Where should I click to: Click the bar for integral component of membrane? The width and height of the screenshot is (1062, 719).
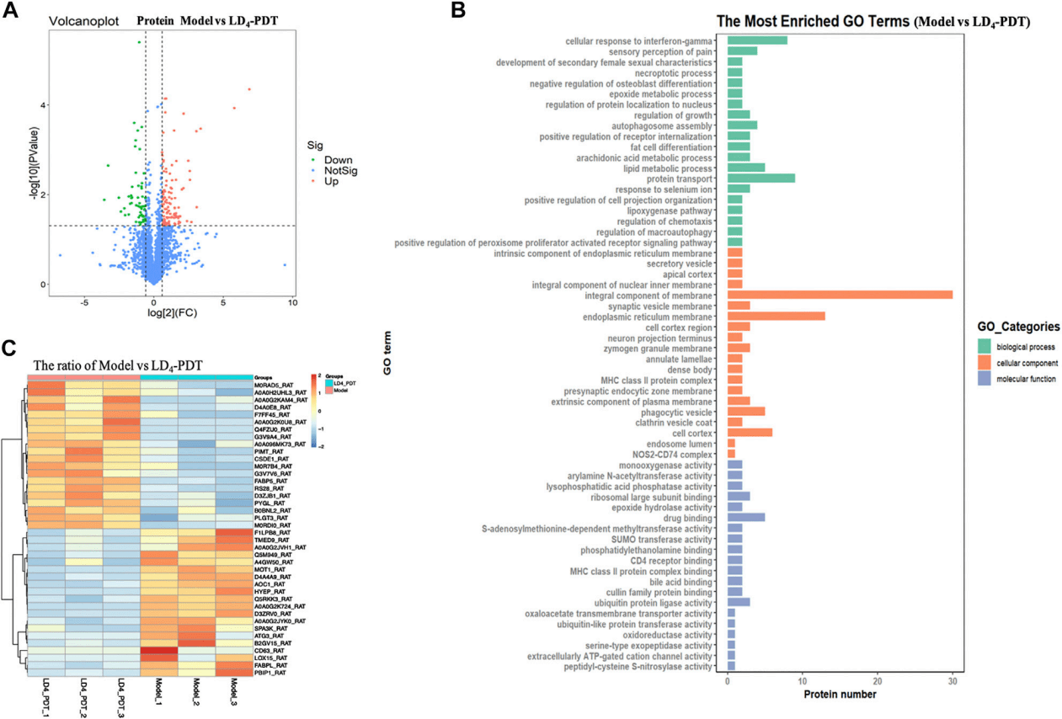point(839,294)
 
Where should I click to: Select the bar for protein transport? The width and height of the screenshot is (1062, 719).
point(760,178)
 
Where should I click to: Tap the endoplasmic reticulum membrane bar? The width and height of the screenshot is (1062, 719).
point(776,317)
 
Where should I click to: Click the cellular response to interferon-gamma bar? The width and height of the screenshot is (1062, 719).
point(757,40)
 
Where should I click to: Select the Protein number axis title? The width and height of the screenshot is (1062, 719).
point(840,695)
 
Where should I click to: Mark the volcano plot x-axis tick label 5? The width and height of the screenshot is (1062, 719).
point(223,301)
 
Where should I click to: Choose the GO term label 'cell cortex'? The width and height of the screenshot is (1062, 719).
point(694,432)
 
